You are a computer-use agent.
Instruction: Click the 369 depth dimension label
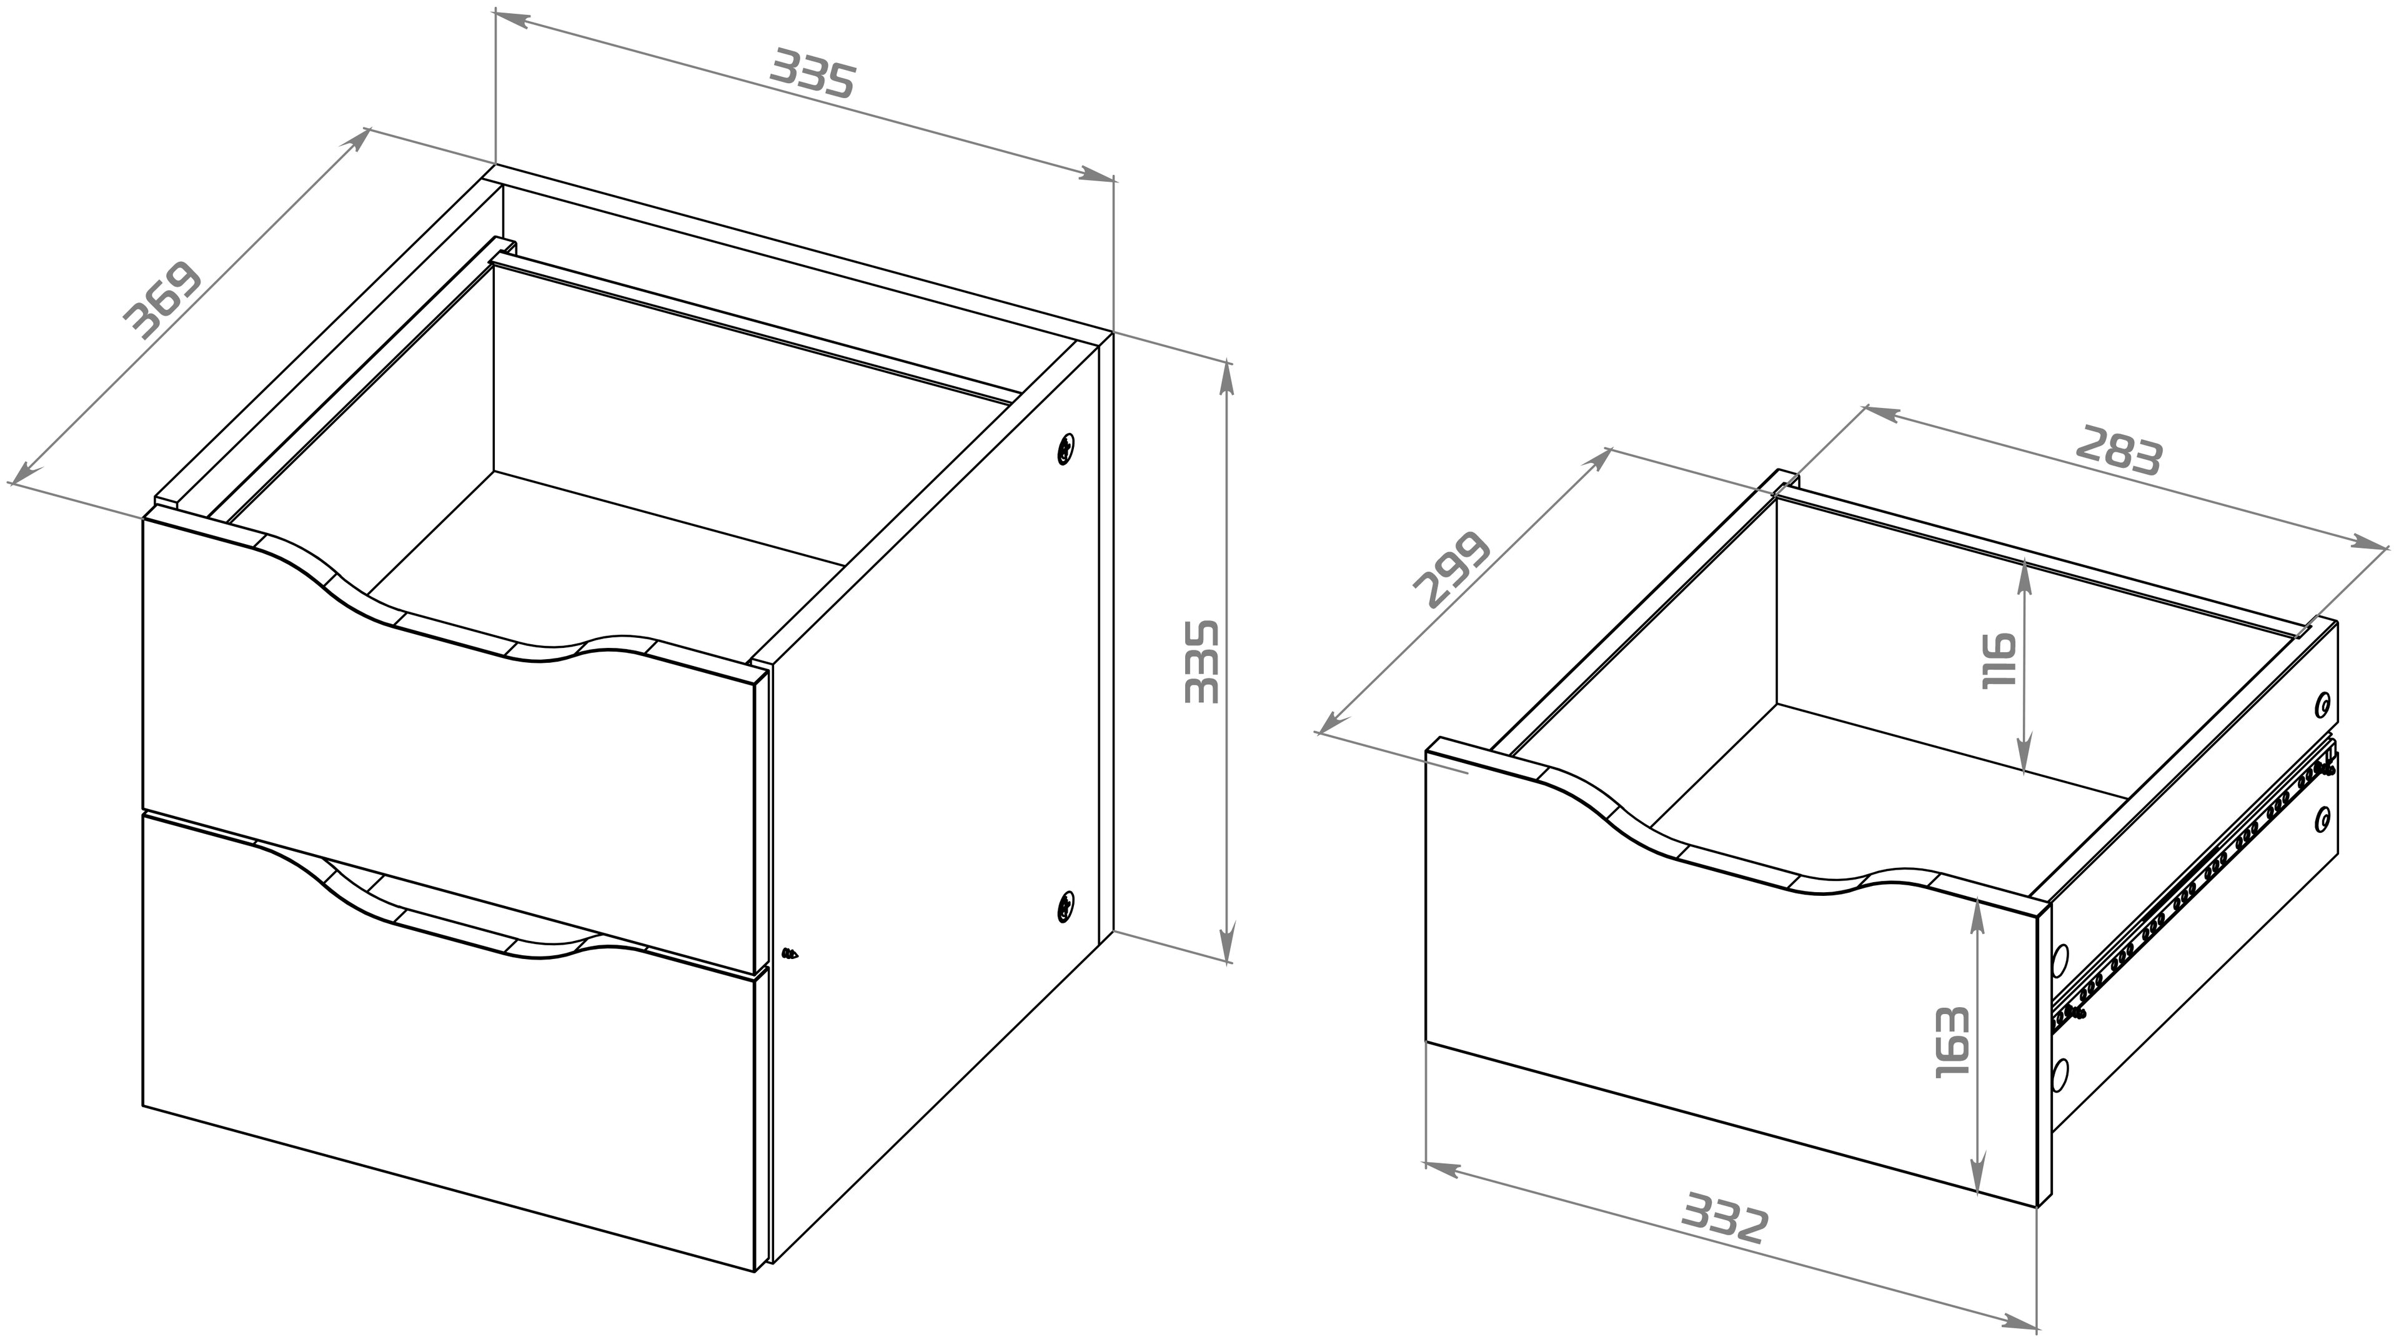[x=163, y=300]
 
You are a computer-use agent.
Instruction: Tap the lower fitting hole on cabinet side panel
[x=1065, y=906]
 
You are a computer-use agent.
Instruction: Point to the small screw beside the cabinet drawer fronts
[x=791, y=953]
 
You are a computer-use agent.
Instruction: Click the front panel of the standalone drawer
[x=1732, y=987]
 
